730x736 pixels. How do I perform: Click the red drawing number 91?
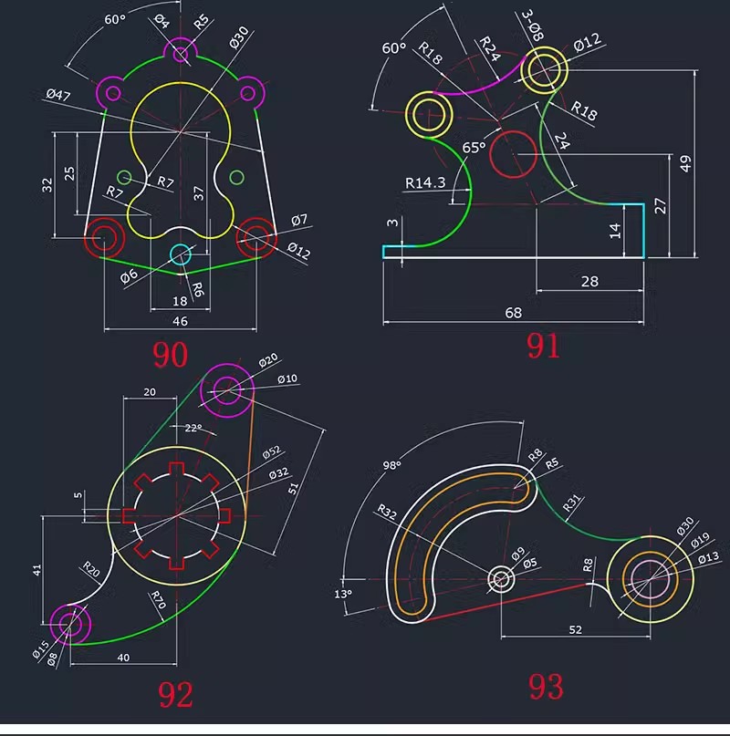point(544,346)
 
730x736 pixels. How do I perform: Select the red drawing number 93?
point(546,686)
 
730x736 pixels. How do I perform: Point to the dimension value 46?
point(180,320)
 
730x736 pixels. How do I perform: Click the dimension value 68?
point(513,313)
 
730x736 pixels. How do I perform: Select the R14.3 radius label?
point(425,182)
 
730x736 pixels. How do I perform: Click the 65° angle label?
point(474,147)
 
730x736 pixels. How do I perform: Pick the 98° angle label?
point(392,465)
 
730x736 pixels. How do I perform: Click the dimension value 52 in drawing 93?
point(575,629)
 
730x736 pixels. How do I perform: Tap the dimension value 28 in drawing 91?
point(589,281)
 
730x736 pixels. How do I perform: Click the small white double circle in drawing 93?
point(500,578)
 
